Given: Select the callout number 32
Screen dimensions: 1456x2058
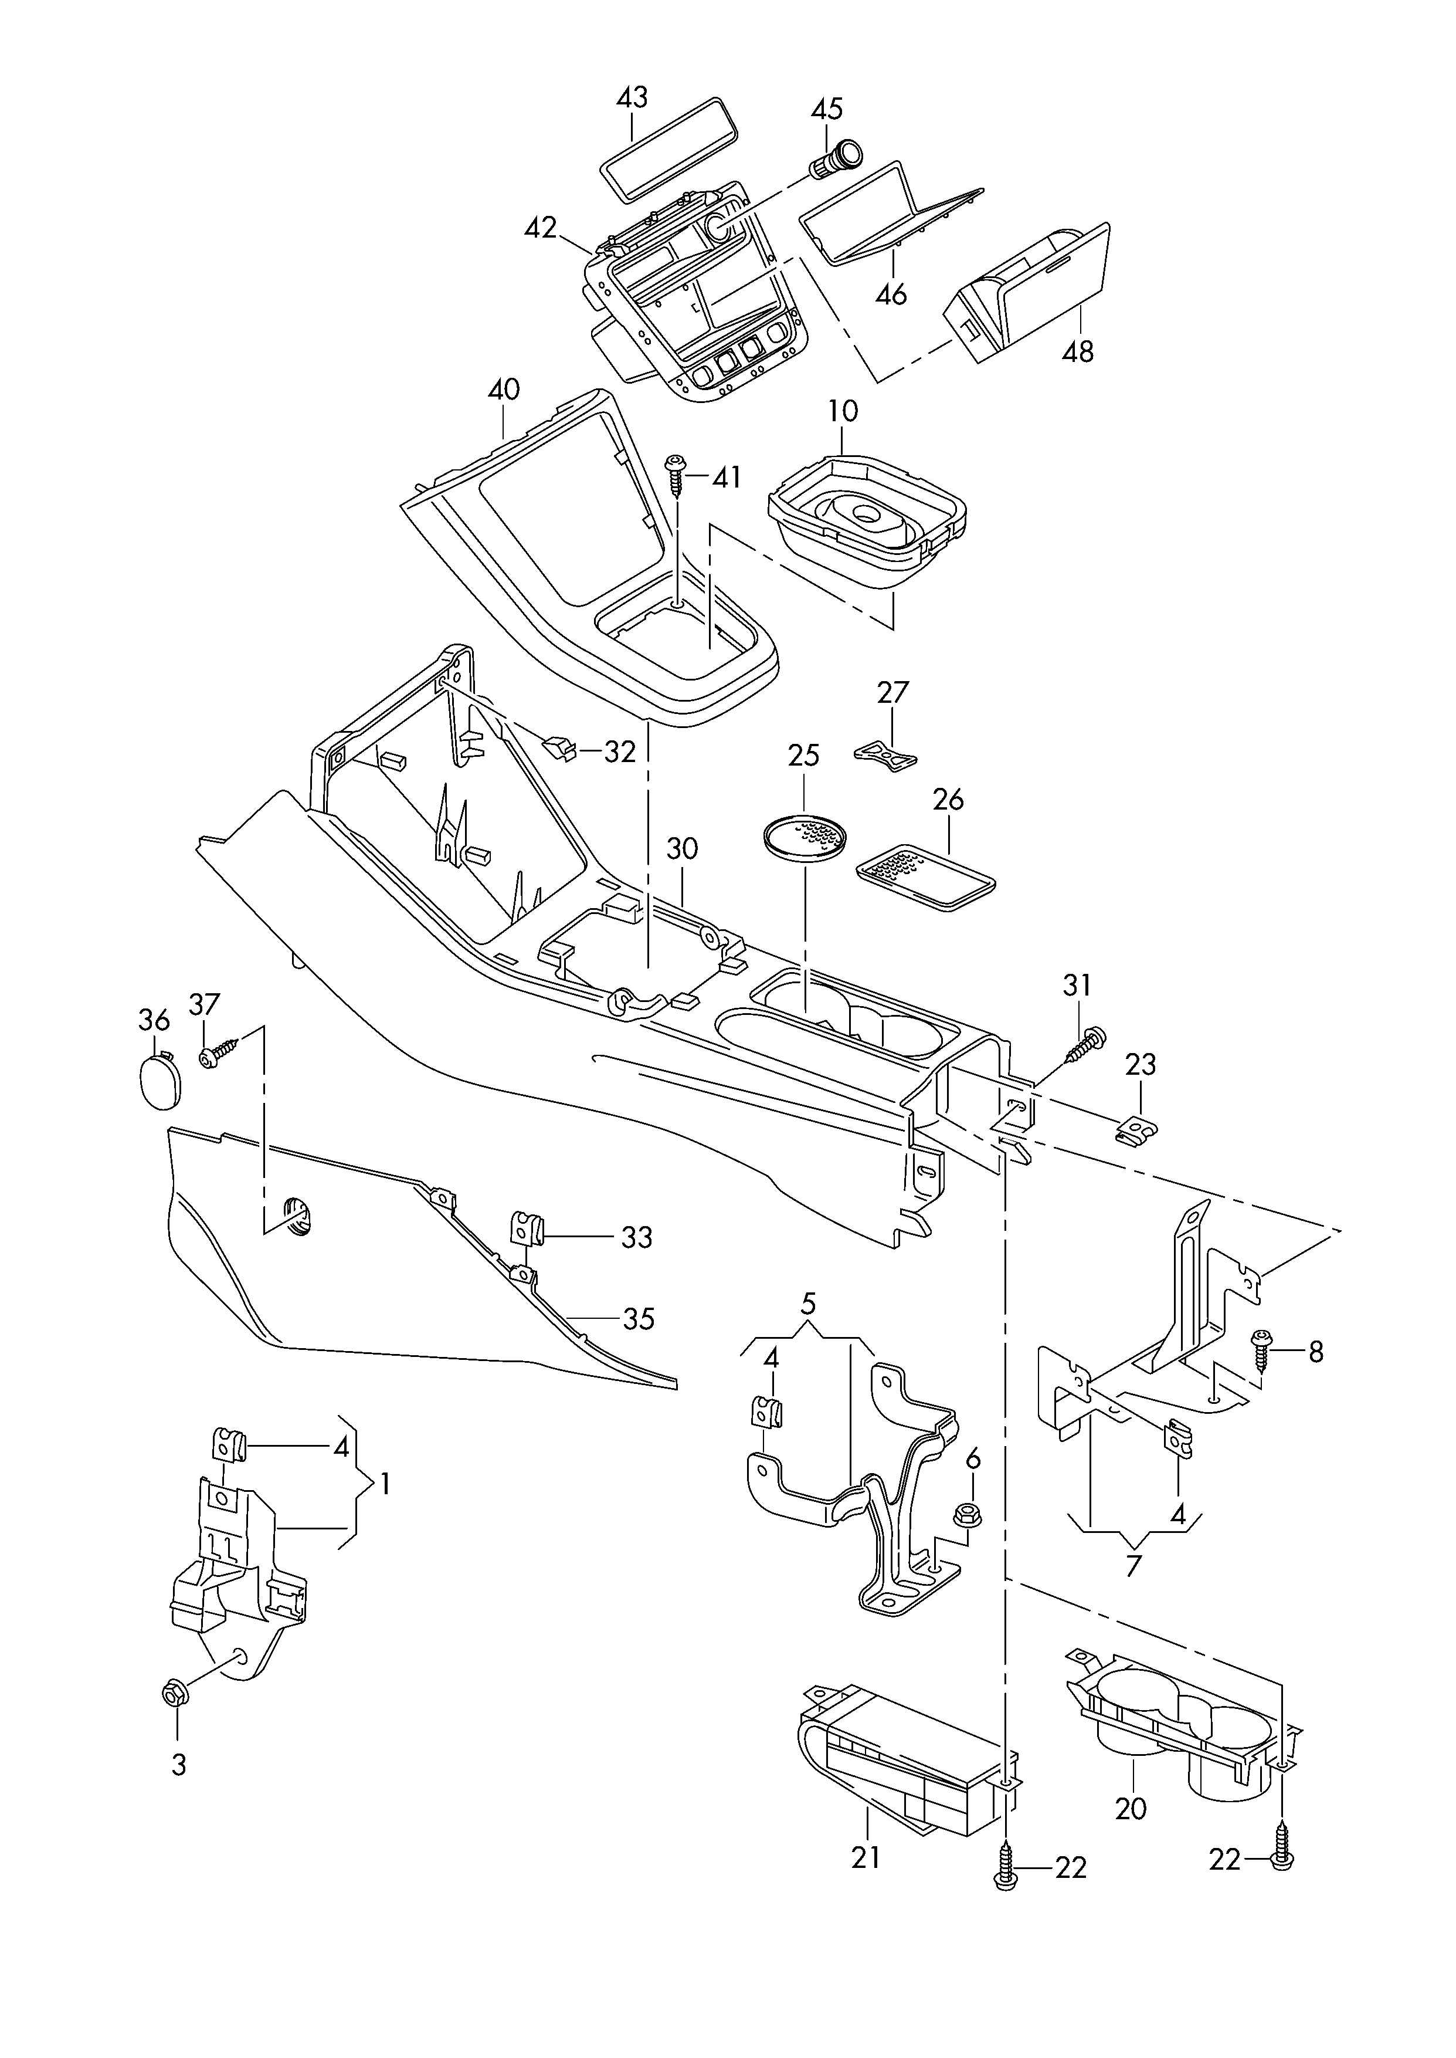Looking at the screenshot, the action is [619, 752].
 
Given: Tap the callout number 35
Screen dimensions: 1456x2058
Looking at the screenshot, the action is [639, 1319].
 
